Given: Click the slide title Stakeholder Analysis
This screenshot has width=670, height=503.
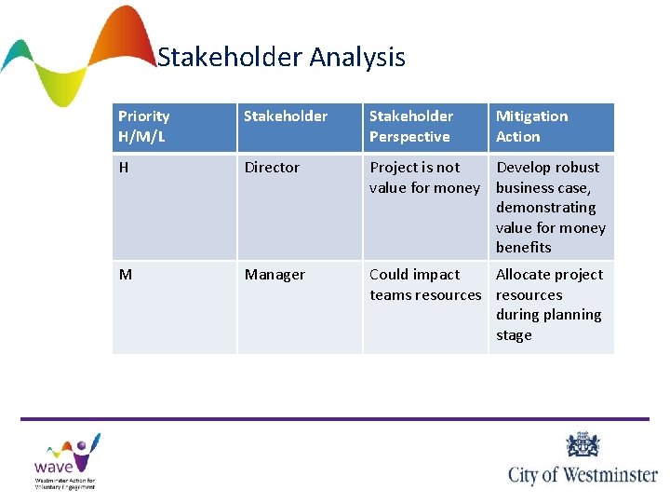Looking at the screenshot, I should (281, 58).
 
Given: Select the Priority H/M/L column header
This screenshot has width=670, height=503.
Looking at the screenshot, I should (144, 127).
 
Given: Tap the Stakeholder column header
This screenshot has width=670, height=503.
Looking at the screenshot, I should (286, 116).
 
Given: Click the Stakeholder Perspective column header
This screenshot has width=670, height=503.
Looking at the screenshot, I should (411, 127).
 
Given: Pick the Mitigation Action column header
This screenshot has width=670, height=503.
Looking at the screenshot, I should (531, 127).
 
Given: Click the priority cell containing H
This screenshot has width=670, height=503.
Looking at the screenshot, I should (124, 168).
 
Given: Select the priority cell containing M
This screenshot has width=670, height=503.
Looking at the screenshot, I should (125, 275).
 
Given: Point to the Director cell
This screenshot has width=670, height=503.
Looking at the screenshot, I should (272, 168).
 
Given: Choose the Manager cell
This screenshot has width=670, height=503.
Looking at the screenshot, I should (275, 275).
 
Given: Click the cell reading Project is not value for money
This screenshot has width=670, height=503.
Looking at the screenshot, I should (423, 178).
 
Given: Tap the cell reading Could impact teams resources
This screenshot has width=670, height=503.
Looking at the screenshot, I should (424, 285).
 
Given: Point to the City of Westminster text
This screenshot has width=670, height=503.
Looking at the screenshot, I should (583, 474).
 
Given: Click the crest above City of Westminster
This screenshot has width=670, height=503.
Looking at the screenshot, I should (583, 444).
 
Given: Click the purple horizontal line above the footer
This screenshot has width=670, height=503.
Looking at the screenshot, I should (335, 419).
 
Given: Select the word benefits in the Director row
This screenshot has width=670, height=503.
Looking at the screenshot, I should (524, 248).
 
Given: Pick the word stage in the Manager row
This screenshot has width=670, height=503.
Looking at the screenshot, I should (514, 335).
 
